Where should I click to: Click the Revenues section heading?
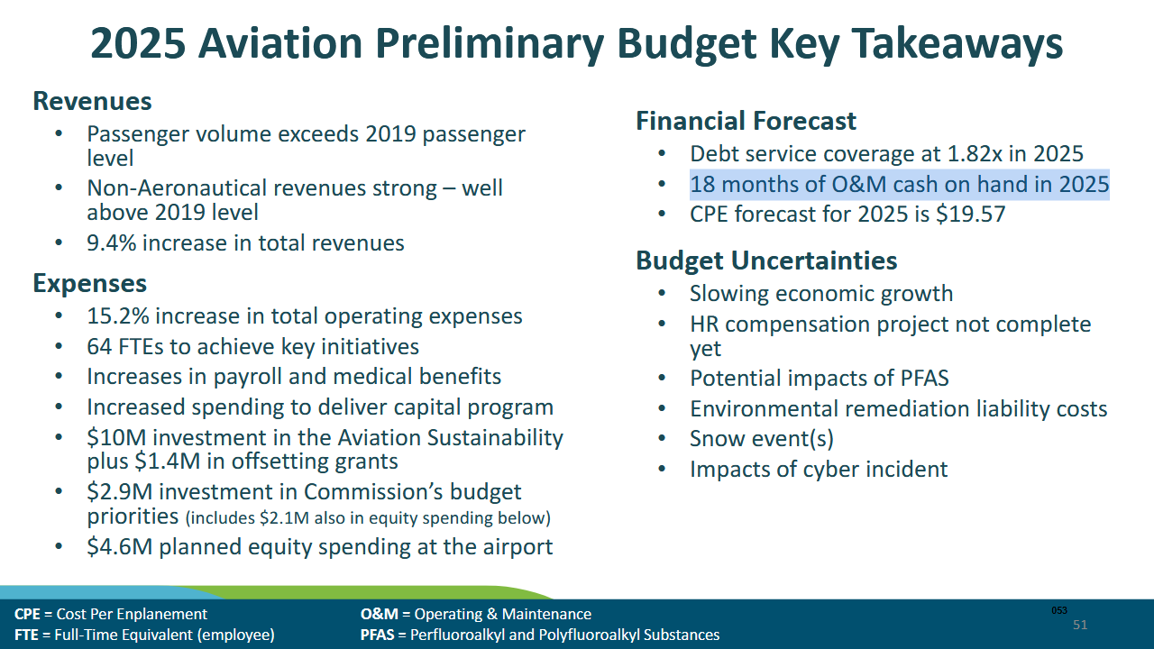(x=92, y=101)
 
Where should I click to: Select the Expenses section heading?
(x=89, y=284)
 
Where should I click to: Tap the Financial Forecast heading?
(x=746, y=122)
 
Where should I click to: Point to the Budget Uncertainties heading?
(x=766, y=261)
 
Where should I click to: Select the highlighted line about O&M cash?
(x=899, y=185)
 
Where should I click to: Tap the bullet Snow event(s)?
(x=761, y=439)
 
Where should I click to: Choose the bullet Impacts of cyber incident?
(x=818, y=470)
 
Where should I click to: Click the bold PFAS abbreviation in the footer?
(x=378, y=635)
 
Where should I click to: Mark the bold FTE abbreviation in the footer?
(x=26, y=635)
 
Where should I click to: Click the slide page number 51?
(x=1080, y=625)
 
